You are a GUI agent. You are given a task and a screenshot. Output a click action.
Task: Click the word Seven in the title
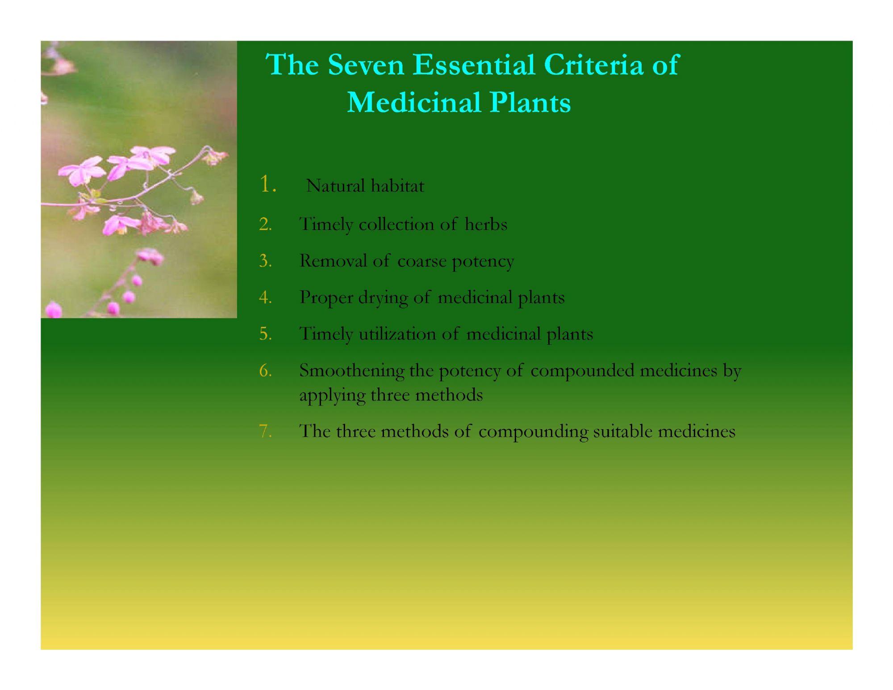coord(366,65)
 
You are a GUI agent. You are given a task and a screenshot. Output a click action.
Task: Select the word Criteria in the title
coord(594,65)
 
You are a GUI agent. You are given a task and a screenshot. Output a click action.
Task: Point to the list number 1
coord(267,184)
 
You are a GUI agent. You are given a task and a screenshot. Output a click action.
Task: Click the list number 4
coord(265,297)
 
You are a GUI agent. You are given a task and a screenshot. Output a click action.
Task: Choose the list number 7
coord(265,431)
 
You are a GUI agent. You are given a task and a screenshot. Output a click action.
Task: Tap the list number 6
coord(265,370)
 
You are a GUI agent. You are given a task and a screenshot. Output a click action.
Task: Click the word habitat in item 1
coord(397,186)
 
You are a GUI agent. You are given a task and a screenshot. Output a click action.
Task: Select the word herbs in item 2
coord(486,224)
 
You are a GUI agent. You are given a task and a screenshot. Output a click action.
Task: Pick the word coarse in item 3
coord(421,261)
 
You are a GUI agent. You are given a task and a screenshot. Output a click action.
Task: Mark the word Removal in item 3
coord(333,261)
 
